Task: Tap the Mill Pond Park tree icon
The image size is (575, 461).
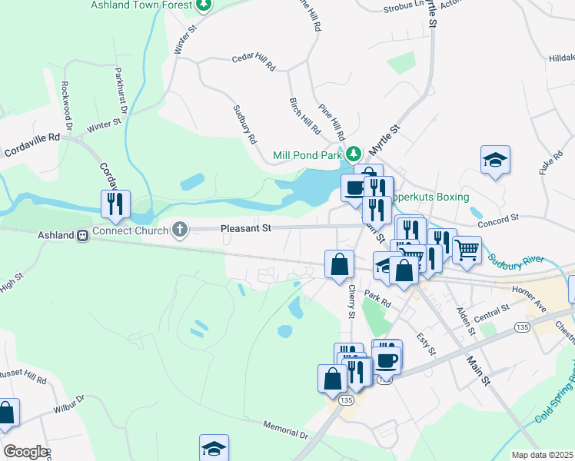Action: point(354,154)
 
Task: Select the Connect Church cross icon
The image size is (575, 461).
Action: point(180,229)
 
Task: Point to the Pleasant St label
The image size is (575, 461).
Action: point(246,228)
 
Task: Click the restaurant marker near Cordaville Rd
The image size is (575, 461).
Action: point(115,204)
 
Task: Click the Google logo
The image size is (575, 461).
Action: point(25,451)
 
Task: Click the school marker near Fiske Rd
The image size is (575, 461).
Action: point(495,160)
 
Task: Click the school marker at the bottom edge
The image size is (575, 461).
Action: point(214,449)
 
